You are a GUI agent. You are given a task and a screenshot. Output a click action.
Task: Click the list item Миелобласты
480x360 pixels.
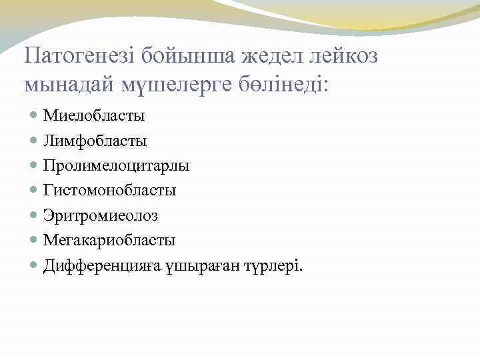tap(94, 116)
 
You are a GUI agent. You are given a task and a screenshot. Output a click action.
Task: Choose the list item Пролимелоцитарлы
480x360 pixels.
tap(117, 166)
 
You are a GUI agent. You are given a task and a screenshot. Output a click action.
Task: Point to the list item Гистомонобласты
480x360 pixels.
tap(110, 191)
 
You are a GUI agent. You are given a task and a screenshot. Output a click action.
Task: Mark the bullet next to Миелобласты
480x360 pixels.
tap(35, 116)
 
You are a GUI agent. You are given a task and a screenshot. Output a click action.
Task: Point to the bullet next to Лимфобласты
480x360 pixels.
tap(35, 141)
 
